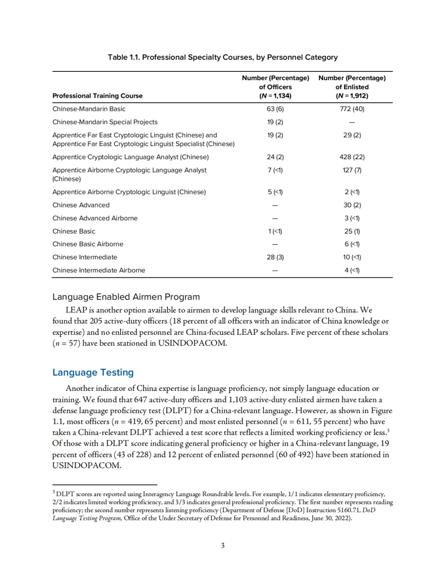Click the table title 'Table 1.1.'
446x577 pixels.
(x=123, y=57)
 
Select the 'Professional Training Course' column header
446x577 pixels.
(x=97, y=96)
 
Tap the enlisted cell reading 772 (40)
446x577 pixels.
(x=352, y=109)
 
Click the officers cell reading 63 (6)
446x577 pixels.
(x=275, y=109)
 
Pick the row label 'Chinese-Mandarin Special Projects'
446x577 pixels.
(x=105, y=122)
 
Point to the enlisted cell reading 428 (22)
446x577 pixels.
(x=352, y=157)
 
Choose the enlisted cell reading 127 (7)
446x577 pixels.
(x=352, y=170)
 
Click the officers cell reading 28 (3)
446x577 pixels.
(x=275, y=257)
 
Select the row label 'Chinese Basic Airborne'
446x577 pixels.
(x=88, y=244)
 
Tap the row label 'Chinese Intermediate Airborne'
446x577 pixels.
(x=99, y=270)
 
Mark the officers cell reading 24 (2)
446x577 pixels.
(x=275, y=157)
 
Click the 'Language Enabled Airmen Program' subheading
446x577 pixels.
(x=126, y=297)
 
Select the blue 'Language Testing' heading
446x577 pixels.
(x=93, y=372)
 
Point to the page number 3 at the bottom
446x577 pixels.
(x=223, y=546)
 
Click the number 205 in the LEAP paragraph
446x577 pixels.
(x=96, y=321)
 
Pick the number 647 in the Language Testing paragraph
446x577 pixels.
(x=140, y=400)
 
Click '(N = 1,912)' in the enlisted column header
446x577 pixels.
(x=352, y=96)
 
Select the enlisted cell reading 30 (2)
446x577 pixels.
(x=352, y=205)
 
